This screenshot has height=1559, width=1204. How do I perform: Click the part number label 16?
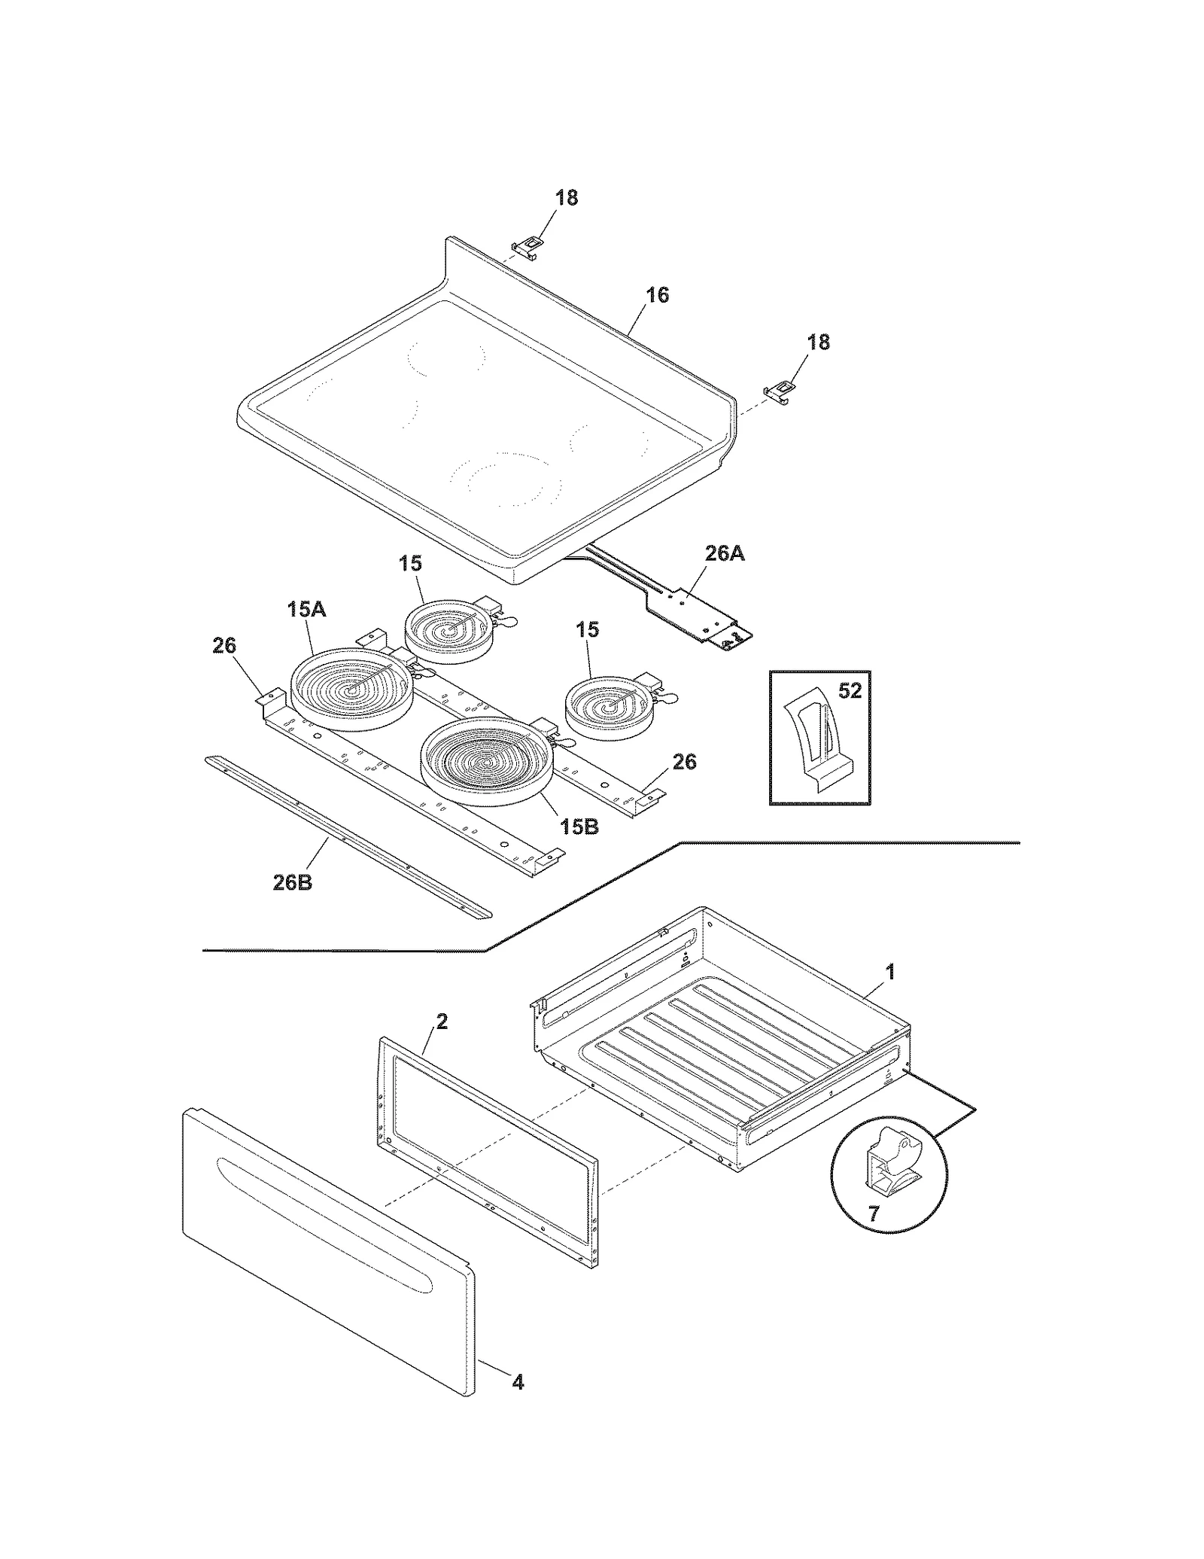(657, 295)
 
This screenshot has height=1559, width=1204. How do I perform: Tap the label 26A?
(724, 553)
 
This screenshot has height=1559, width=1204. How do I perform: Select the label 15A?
(306, 610)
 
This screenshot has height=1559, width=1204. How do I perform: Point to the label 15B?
(579, 826)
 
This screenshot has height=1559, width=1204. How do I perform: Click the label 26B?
(292, 882)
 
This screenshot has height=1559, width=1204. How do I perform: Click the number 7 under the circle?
(873, 1214)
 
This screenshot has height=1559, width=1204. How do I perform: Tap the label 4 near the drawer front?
(518, 1382)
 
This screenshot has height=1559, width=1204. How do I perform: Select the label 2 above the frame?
(442, 1022)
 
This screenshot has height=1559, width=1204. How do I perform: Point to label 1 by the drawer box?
(890, 972)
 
